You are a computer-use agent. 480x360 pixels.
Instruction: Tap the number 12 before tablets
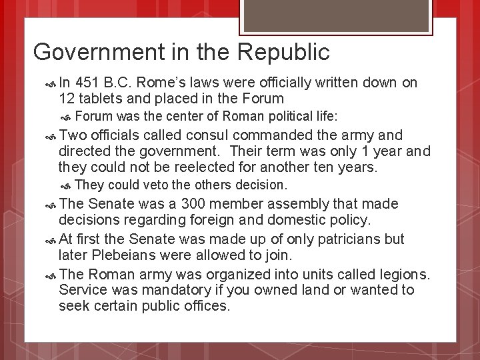click(x=67, y=98)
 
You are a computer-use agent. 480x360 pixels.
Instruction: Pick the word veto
click(x=156, y=184)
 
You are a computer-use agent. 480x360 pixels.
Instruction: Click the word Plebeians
click(x=120, y=255)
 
